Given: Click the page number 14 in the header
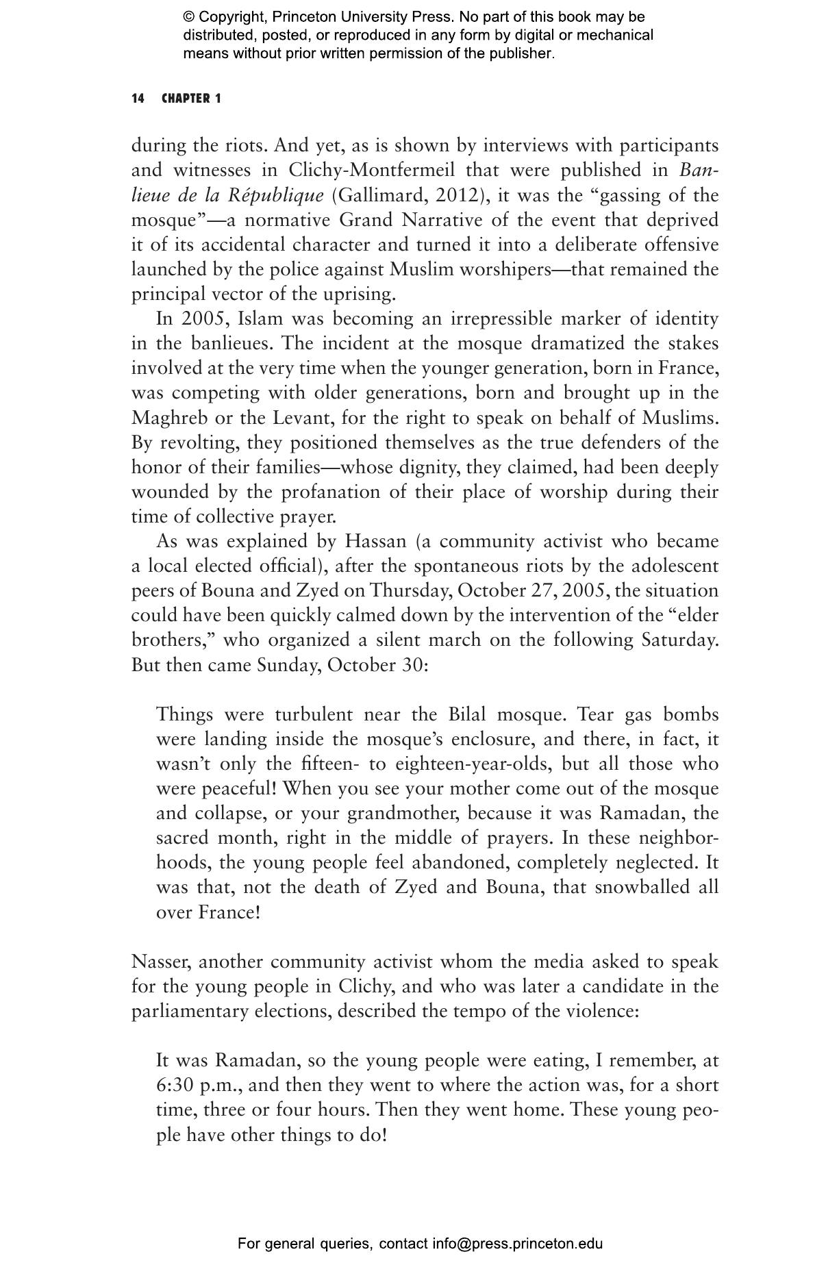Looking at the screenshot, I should pyautogui.click(x=138, y=99).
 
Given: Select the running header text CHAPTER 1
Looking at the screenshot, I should pyautogui.click(x=191, y=99).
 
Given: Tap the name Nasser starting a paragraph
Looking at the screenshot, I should pyautogui.click(x=162, y=962).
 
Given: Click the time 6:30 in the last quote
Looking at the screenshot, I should pyautogui.click(x=175, y=1086).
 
